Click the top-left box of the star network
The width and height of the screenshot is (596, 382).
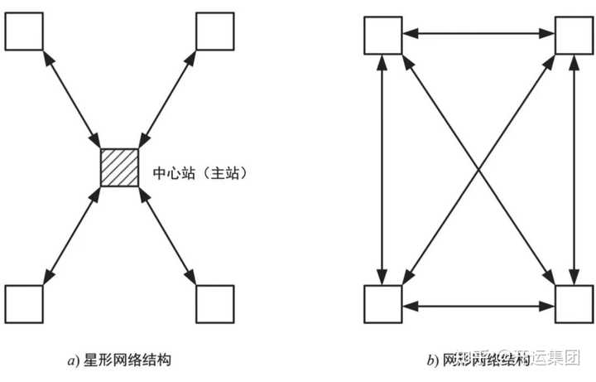point(23,31)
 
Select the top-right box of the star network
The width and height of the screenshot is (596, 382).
point(214,31)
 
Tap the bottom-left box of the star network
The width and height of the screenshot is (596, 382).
point(23,302)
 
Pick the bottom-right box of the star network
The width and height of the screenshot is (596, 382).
point(214,302)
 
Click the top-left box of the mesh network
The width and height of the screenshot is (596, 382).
point(382,34)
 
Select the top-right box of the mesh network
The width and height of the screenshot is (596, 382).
point(573,34)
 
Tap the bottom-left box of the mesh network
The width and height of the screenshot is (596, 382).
point(382,304)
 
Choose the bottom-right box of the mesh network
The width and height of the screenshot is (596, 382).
point(573,304)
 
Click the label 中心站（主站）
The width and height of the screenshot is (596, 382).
point(202,175)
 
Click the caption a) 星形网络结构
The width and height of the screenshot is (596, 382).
point(120,360)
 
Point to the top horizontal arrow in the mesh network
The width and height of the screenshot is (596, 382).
point(478,33)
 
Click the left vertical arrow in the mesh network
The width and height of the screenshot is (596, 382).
point(382,169)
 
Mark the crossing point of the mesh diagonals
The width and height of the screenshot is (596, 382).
point(478,169)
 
